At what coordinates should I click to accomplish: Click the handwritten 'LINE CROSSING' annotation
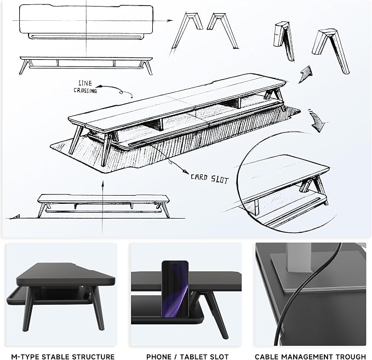pyautogui.click(x=85, y=87)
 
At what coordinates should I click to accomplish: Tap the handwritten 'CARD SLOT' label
pyautogui.click(x=209, y=179)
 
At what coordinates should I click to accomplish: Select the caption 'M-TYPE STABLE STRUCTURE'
pyautogui.click(x=63, y=357)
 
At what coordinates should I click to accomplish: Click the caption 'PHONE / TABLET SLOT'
pyautogui.click(x=187, y=357)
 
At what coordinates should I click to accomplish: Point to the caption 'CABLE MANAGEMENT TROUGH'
pyautogui.click(x=310, y=357)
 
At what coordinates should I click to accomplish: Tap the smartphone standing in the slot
pyautogui.click(x=175, y=289)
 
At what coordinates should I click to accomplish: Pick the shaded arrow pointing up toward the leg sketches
pyautogui.click(x=306, y=73)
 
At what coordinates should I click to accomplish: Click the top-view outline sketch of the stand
pyautogui.click(x=86, y=22)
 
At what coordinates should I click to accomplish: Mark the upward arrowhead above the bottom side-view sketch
pyautogui.click(x=103, y=184)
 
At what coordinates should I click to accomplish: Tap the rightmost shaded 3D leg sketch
pyautogui.click(x=331, y=51)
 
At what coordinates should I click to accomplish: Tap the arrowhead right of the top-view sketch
pyautogui.click(x=170, y=21)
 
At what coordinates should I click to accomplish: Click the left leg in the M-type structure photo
pyautogui.click(x=28, y=308)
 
